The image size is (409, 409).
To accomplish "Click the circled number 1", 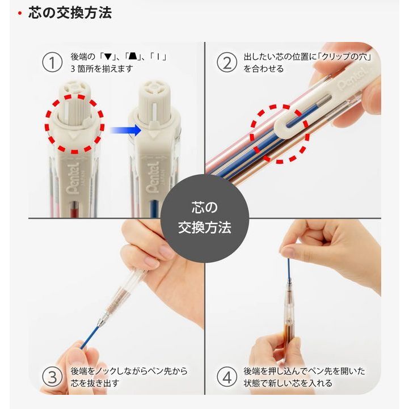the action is pyautogui.click(x=52, y=63).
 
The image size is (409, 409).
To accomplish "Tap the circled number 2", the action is pyautogui.click(x=227, y=63).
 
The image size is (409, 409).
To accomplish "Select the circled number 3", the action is pyautogui.click(x=52, y=377).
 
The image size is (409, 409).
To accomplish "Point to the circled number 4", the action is pyautogui.click(x=227, y=377).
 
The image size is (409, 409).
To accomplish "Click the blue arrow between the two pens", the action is pyautogui.click(x=125, y=130).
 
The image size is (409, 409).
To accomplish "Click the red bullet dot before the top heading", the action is pyautogui.click(x=20, y=13).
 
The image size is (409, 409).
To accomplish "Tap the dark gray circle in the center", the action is pyautogui.click(x=204, y=218).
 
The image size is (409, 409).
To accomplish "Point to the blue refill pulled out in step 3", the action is pyautogui.click(x=90, y=336).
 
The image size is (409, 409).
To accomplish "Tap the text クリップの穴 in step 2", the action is pyautogui.click(x=344, y=57).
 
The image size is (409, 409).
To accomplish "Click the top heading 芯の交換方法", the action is pyautogui.click(x=70, y=13).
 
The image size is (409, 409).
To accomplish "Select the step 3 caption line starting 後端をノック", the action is pyautogui.click(x=129, y=371).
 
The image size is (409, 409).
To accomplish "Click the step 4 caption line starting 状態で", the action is pyautogui.click(x=288, y=383).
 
